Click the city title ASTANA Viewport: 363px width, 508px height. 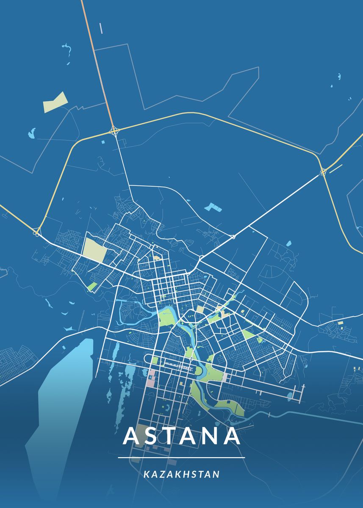181,436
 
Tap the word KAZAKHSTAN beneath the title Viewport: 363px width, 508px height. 181,474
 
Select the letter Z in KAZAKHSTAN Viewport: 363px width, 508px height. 161,474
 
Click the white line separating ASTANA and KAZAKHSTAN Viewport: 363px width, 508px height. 181,458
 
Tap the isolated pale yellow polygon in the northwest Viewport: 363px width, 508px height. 55,102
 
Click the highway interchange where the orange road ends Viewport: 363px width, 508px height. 114,130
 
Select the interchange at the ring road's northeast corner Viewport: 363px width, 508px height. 323,171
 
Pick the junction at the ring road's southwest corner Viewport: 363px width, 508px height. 37,232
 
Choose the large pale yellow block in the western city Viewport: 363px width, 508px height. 95,250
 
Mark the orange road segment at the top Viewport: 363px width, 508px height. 95,55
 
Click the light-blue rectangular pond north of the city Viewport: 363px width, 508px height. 211,207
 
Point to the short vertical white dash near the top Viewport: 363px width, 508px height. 101,28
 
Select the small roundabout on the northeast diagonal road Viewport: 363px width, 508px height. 233,237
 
